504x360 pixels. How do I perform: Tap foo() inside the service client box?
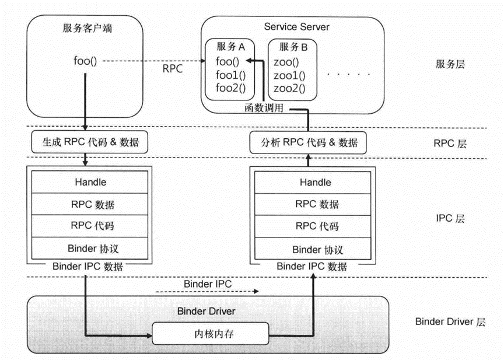85,60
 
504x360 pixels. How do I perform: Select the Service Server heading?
296,27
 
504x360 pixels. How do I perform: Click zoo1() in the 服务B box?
289,76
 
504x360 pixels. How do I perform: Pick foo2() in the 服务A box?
230,89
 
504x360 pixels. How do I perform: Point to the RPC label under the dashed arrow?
173,69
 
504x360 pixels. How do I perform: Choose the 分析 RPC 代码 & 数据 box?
307,142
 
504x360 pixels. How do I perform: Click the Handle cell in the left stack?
90,182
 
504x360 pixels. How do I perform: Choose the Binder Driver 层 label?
450,321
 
